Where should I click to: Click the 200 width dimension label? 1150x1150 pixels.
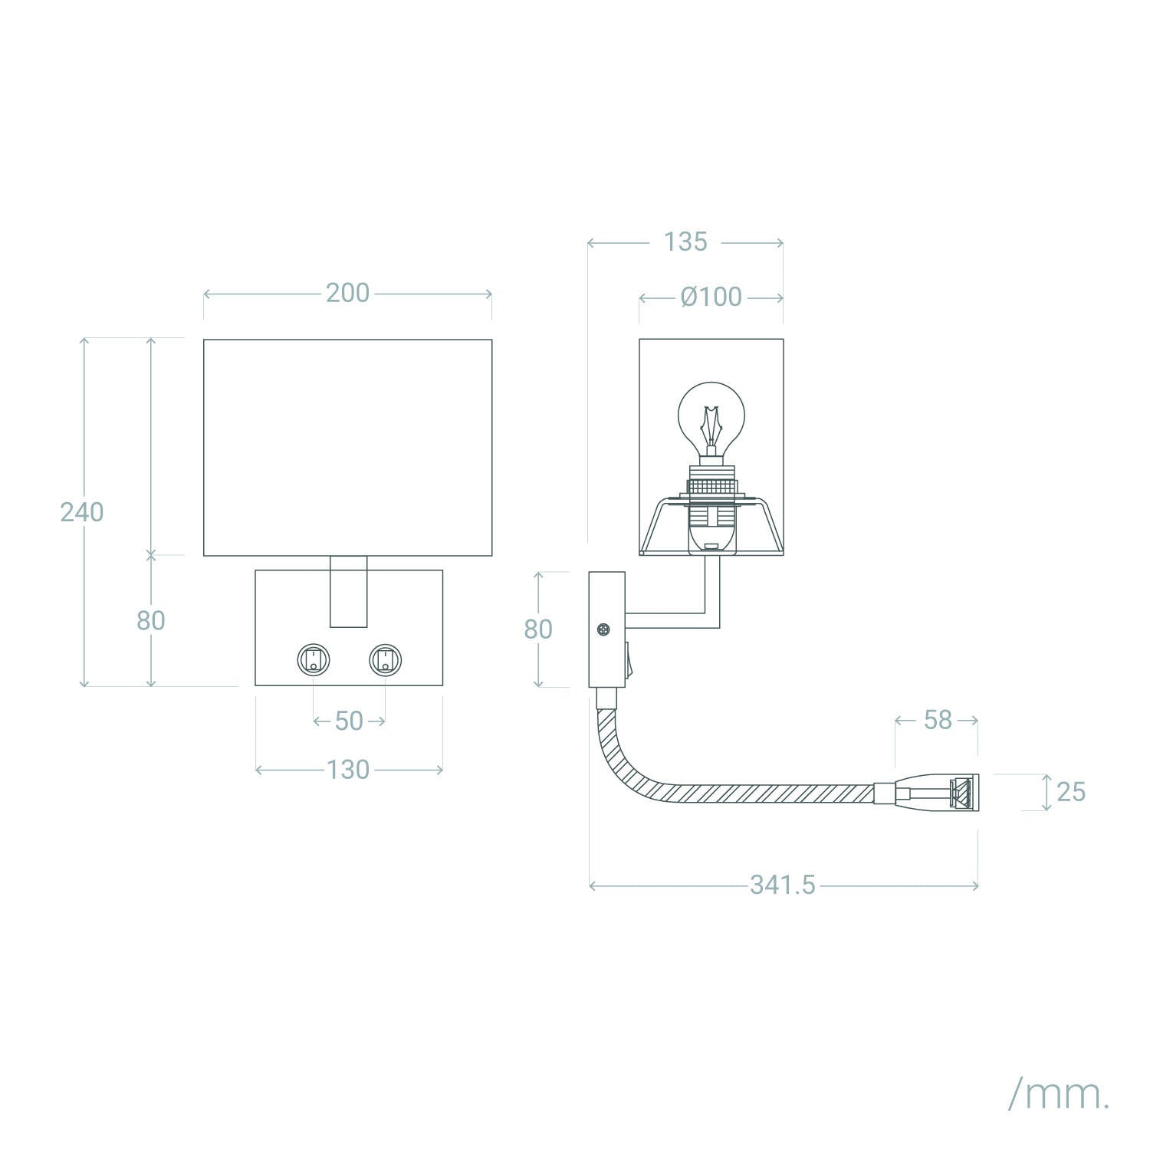tap(347, 293)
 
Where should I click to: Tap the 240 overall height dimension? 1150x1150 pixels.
tap(82, 512)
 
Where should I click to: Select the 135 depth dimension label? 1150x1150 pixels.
tap(685, 242)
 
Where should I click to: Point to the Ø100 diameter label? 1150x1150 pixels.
tap(711, 297)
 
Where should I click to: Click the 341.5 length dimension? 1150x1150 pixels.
tap(783, 886)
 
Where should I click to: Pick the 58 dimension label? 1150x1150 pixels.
tap(938, 720)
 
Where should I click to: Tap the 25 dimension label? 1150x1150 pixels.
tap(1070, 792)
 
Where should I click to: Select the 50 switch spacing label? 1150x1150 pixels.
tap(349, 721)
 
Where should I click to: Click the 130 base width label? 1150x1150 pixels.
tap(348, 770)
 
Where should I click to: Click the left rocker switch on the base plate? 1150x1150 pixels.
tap(314, 659)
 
